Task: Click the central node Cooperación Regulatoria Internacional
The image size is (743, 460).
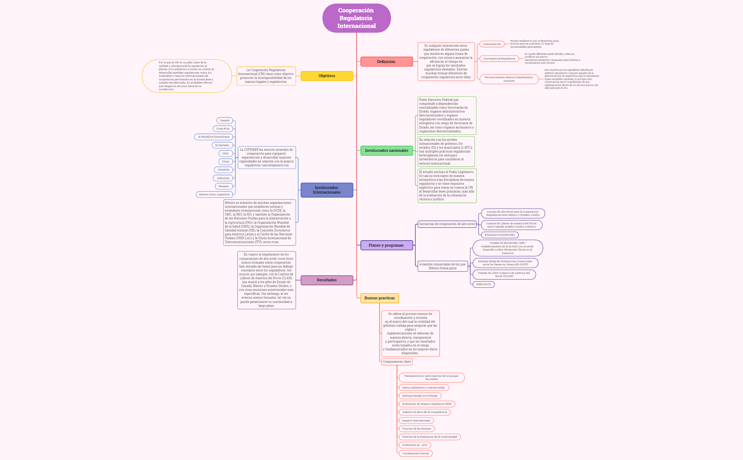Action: [356, 18]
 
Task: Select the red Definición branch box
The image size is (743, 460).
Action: [386, 62]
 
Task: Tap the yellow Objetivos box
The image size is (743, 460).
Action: [327, 76]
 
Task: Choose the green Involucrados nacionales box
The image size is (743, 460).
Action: [386, 150]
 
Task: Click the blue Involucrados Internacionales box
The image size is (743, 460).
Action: [327, 190]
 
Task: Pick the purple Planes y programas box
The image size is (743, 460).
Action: [386, 245]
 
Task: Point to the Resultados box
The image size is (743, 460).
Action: [327, 280]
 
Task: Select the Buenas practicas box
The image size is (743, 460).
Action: [379, 298]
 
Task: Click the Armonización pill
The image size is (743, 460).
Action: [492, 44]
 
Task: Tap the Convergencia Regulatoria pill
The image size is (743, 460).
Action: [499, 59]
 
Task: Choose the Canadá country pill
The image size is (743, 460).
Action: [225, 121]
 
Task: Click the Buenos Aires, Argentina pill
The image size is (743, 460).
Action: [214, 195]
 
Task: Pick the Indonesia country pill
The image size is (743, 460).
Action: [223, 178]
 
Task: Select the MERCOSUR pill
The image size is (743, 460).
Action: [483, 284]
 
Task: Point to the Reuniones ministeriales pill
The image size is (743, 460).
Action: [500, 235]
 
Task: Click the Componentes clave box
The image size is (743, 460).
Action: [397, 362]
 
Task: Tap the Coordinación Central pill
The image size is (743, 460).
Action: [415, 453]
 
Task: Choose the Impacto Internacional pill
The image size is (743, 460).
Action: [416, 421]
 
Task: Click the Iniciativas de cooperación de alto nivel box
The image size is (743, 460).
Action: [447, 224]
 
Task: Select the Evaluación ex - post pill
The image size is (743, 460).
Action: [415, 445]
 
